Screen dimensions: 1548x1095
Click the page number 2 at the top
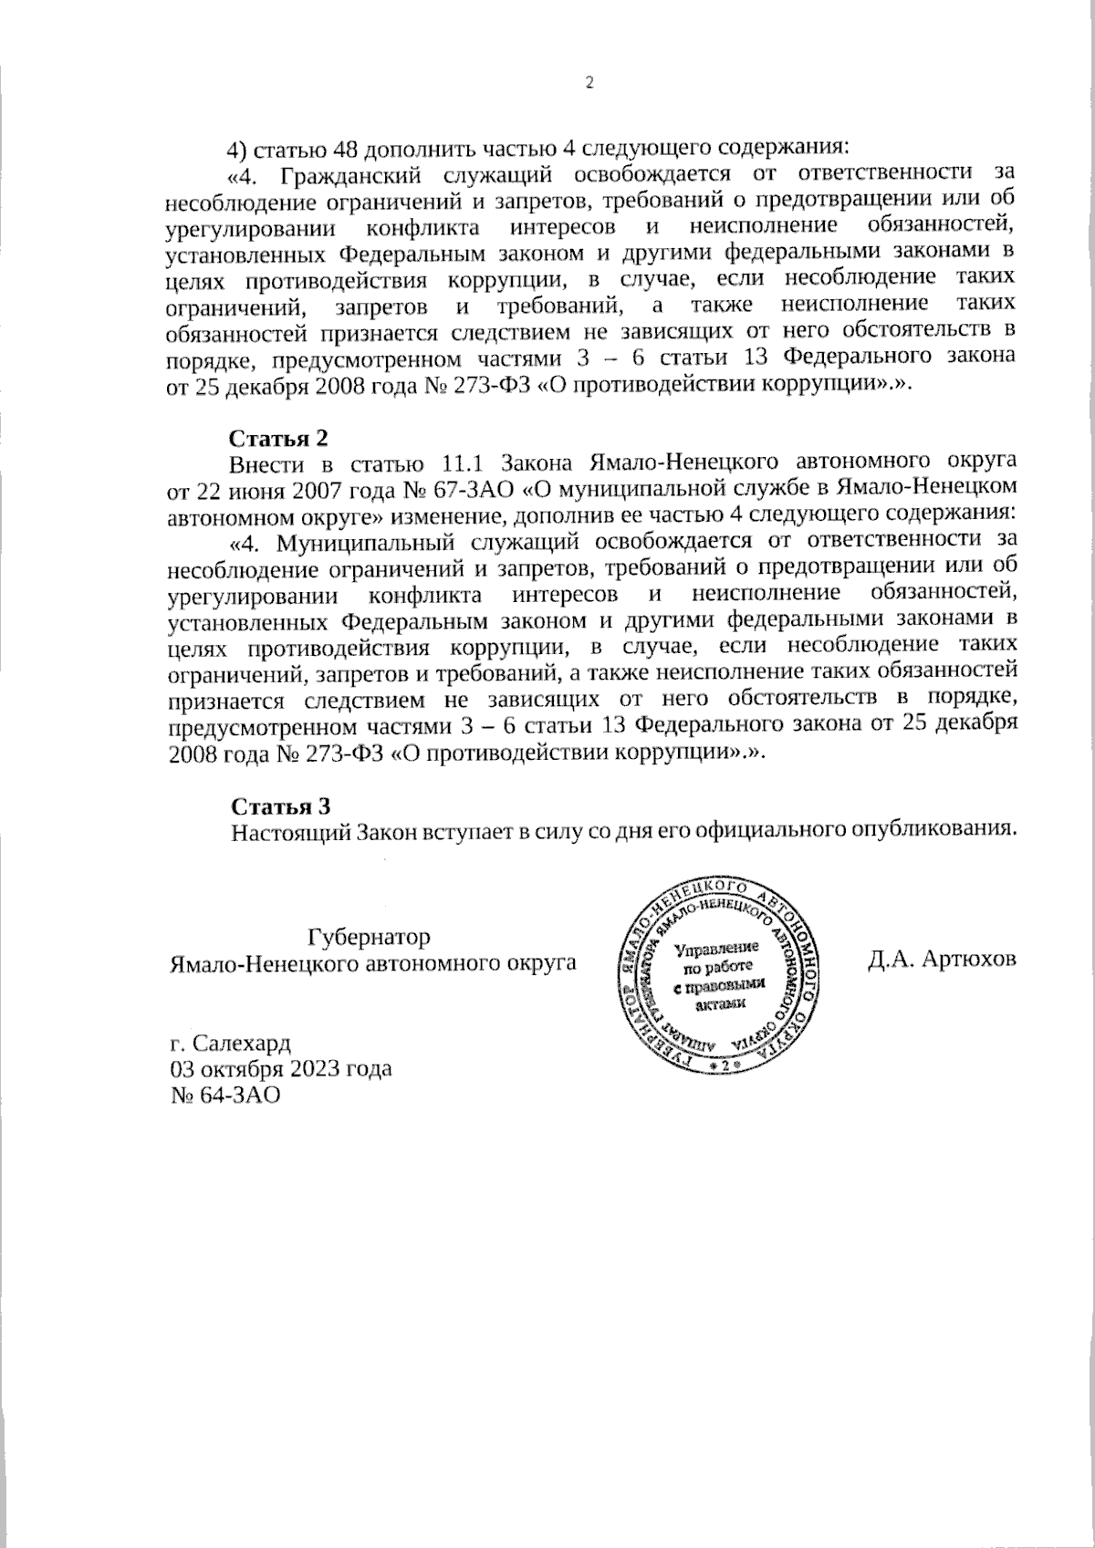coord(588,83)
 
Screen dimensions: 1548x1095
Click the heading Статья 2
coord(277,438)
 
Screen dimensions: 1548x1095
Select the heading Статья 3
coord(278,806)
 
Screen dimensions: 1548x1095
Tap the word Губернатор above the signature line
coord(369,937)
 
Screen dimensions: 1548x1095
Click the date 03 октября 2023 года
coord(281,1068)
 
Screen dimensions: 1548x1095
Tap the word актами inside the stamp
coord(720,1003)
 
